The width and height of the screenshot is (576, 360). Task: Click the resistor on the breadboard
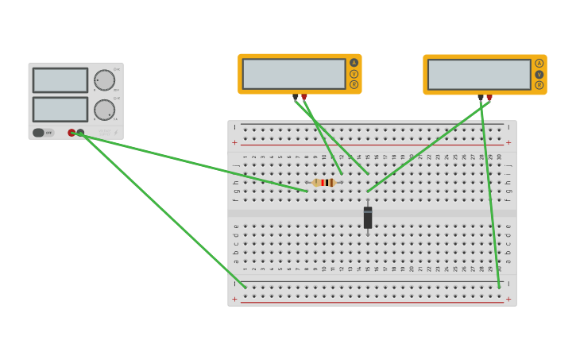pyautogui.click(x=324, y=183)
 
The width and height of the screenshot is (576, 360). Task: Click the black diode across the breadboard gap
pyautogui.click(x=368, y=218)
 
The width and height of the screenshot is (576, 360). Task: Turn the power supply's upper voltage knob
pyautogui.click(x=104, y=80)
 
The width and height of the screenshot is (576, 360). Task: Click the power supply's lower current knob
pyautogui.click(x=104, y=110)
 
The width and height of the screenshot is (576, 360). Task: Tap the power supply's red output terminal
pyautogui.click(x=72, y=133)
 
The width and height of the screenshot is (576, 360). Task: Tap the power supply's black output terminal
pyautogui.click(x=80, y=133)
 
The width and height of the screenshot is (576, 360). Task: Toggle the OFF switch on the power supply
pyautogui.click(x=39, y=133)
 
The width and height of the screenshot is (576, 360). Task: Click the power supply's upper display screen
pyautogui.click(x=60, y=80)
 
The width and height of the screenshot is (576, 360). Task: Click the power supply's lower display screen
pyautogui.click(x=60, y=110)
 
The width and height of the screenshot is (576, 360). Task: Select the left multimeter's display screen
pyautogui.click(x=294, y=74)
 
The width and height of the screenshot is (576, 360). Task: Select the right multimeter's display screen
pyautogui.click(x=479, y=75)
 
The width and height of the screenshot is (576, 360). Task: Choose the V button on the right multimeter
pyautogui.click(x=539, y=74)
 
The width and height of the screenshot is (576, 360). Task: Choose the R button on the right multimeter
pyautogui.click(x=539, y=85)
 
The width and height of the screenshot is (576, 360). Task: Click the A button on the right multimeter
pyautogui.click(x=539, y=64)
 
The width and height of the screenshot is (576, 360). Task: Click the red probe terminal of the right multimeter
pyautogui.click(x=489, y=98)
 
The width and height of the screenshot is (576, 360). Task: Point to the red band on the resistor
pyautogui.click(x=323, y=183)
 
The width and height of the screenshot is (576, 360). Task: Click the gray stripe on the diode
pyautogui.click(x=368, y=210)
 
